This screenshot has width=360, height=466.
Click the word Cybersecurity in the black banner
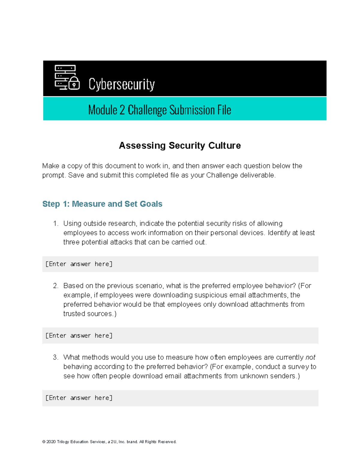[121, 84]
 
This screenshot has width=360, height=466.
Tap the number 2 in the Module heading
[122, 110]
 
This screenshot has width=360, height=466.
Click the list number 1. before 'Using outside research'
[55, 224]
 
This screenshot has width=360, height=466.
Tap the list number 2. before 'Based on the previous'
[55, 286]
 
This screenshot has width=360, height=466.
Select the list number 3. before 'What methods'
[55, 357]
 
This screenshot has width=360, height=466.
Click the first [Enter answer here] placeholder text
[79, 264]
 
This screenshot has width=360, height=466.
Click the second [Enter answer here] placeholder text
[79, 335]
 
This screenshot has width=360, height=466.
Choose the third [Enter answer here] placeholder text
[79, 398]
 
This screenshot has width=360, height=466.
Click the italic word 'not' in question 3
[310, 357]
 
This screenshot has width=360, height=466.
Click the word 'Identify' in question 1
[279, 233]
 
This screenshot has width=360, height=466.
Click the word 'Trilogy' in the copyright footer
[63, 442]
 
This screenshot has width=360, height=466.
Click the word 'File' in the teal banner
[224, 110]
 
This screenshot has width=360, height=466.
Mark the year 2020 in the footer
[51, 442]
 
